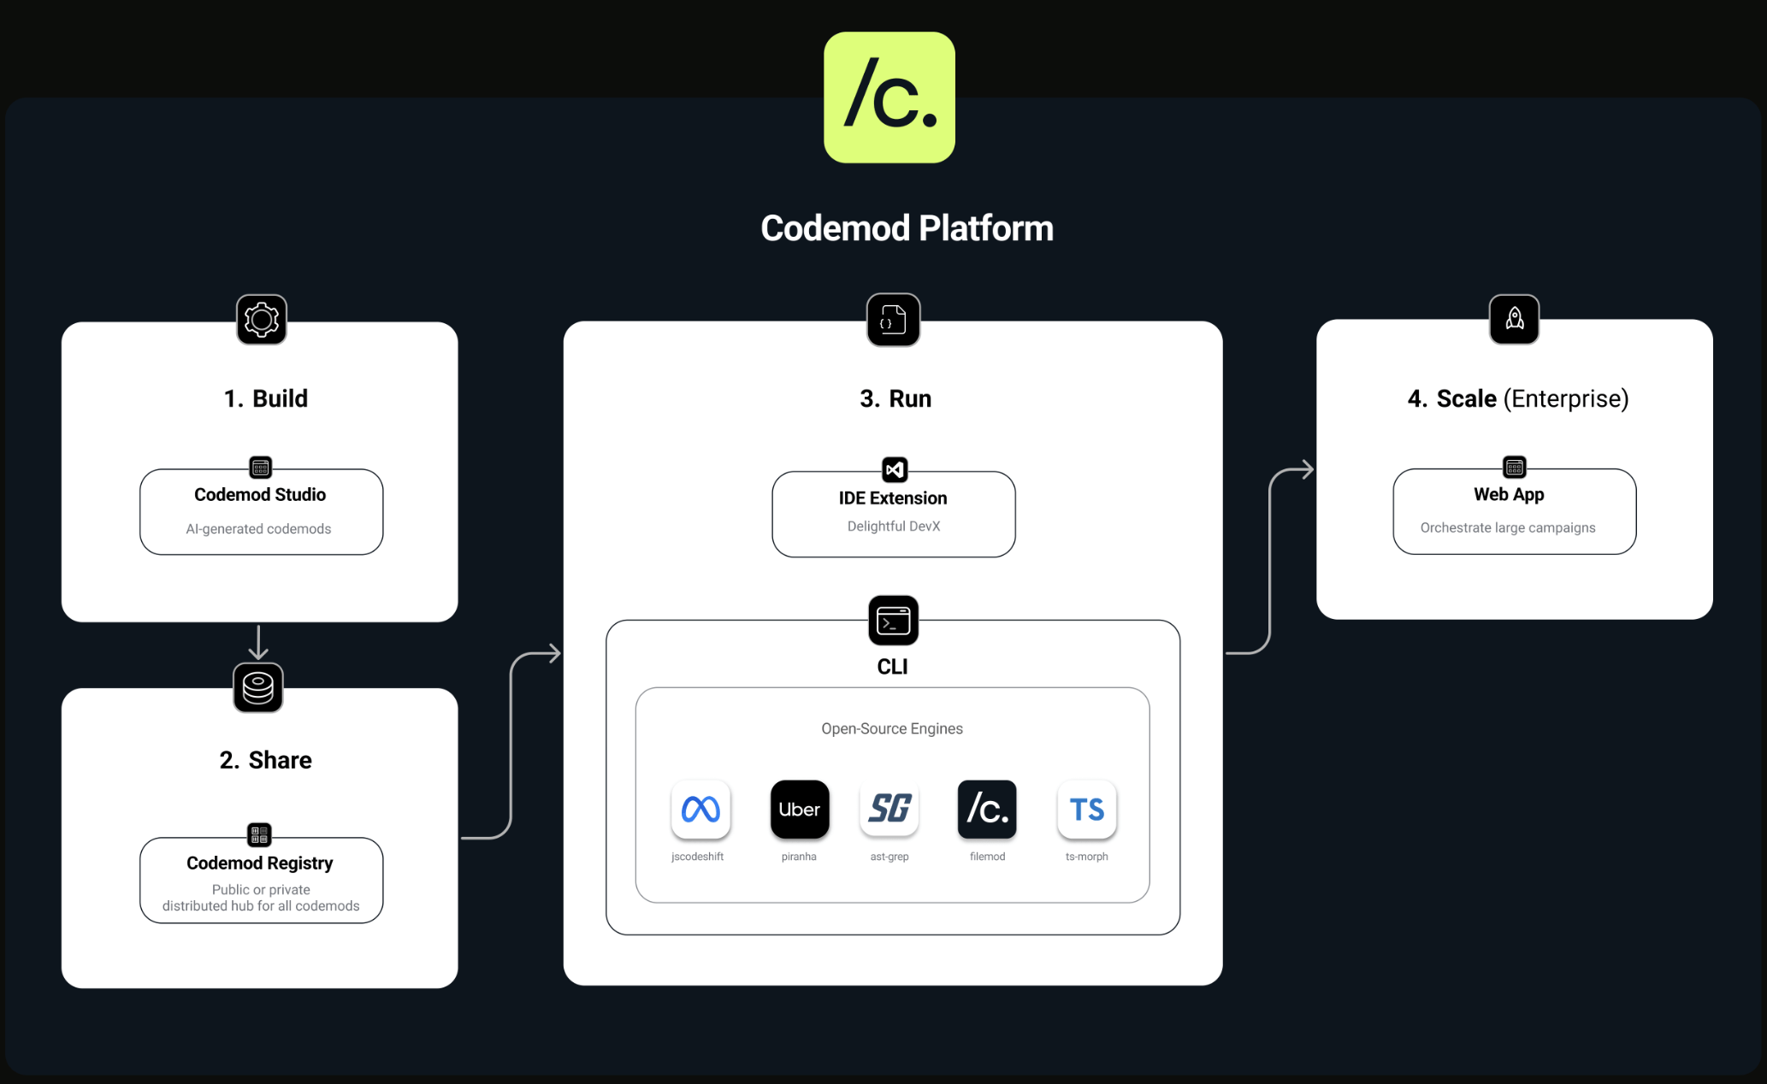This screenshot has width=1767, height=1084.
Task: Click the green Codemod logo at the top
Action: point(889,97)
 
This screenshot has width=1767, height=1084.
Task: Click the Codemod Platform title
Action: point(907,228)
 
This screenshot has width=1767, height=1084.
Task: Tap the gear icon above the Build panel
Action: point(262,320)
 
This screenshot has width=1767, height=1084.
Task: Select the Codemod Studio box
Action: point(261,512)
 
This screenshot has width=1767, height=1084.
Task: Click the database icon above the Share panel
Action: point(258,687)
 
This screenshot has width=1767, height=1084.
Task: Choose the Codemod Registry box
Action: point(261,881)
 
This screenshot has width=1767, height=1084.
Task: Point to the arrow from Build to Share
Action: point(258,642)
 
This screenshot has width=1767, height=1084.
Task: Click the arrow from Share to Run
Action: point(511,744)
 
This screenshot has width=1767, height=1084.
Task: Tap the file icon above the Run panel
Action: point(893,320)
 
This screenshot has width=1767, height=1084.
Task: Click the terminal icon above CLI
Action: point(893,621)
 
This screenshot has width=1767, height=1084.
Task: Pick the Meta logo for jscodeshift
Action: point(700,809)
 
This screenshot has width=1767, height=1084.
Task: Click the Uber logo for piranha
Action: point(800,809)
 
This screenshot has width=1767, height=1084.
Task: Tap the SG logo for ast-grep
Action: point(889,809)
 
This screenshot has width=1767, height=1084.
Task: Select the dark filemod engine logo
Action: point(987,809)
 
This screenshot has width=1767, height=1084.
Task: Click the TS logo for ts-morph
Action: point(1087,809)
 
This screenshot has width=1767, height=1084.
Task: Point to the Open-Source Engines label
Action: point(892,728)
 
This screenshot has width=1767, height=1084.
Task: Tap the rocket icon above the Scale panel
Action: point(1514,319)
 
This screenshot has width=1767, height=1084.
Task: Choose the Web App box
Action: point(1514,512)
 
